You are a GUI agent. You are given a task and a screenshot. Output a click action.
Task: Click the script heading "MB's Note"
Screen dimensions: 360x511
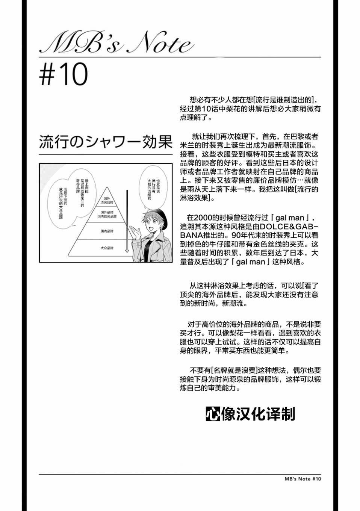coord(116,42)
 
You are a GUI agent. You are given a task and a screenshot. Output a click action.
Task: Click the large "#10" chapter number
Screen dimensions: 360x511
coord(64,74)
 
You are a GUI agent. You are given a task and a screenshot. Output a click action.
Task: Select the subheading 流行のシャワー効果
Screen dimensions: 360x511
coord(106,142)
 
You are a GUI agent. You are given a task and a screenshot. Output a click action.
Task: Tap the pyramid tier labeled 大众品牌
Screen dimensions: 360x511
coord(107,248)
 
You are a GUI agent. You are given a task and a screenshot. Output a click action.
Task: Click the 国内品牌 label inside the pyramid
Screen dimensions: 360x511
coord(107,231)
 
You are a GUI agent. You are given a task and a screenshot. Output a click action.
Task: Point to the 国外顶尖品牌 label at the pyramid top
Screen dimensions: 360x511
coord(107,201)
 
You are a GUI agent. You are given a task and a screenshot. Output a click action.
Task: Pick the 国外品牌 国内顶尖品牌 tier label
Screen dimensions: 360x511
coord(107,214)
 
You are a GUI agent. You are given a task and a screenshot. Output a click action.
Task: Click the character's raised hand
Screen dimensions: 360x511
coord(135,233)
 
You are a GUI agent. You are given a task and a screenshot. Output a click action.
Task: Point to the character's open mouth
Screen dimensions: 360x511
coord(152,228)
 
